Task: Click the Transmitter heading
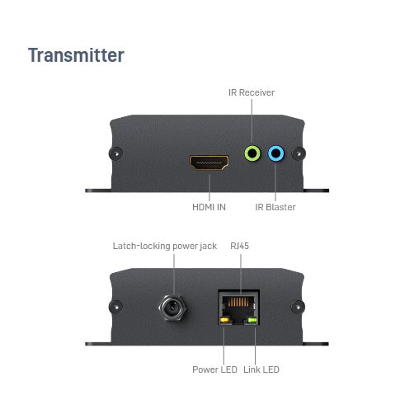[x=76, y=55]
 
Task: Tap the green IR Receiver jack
[x=252, y=153]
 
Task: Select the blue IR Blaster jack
[x=275, y=153]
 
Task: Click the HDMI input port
[x=209, y=162]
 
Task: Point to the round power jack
[x=172, y=308]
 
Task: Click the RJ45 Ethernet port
[x=238, y=307]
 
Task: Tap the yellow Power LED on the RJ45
[x=224, y=320]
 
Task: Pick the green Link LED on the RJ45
[x=252, y=320]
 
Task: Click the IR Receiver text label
[x=252, y=92]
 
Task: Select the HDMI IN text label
[x=209, y=207]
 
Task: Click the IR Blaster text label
[x=275, y=207]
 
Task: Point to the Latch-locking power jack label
[x=165, y=246]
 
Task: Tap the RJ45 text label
[x=239, y=246]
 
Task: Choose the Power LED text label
[x=214, y=369]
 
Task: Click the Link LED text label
[x=261, y=369]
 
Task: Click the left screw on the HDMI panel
[x=115, y=153]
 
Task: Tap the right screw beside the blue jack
[x=299, y=153]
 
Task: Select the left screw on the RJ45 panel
[x=115, y=307]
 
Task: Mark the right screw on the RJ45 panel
[x=298, y=307]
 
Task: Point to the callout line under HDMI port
[x=209, y=187]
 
